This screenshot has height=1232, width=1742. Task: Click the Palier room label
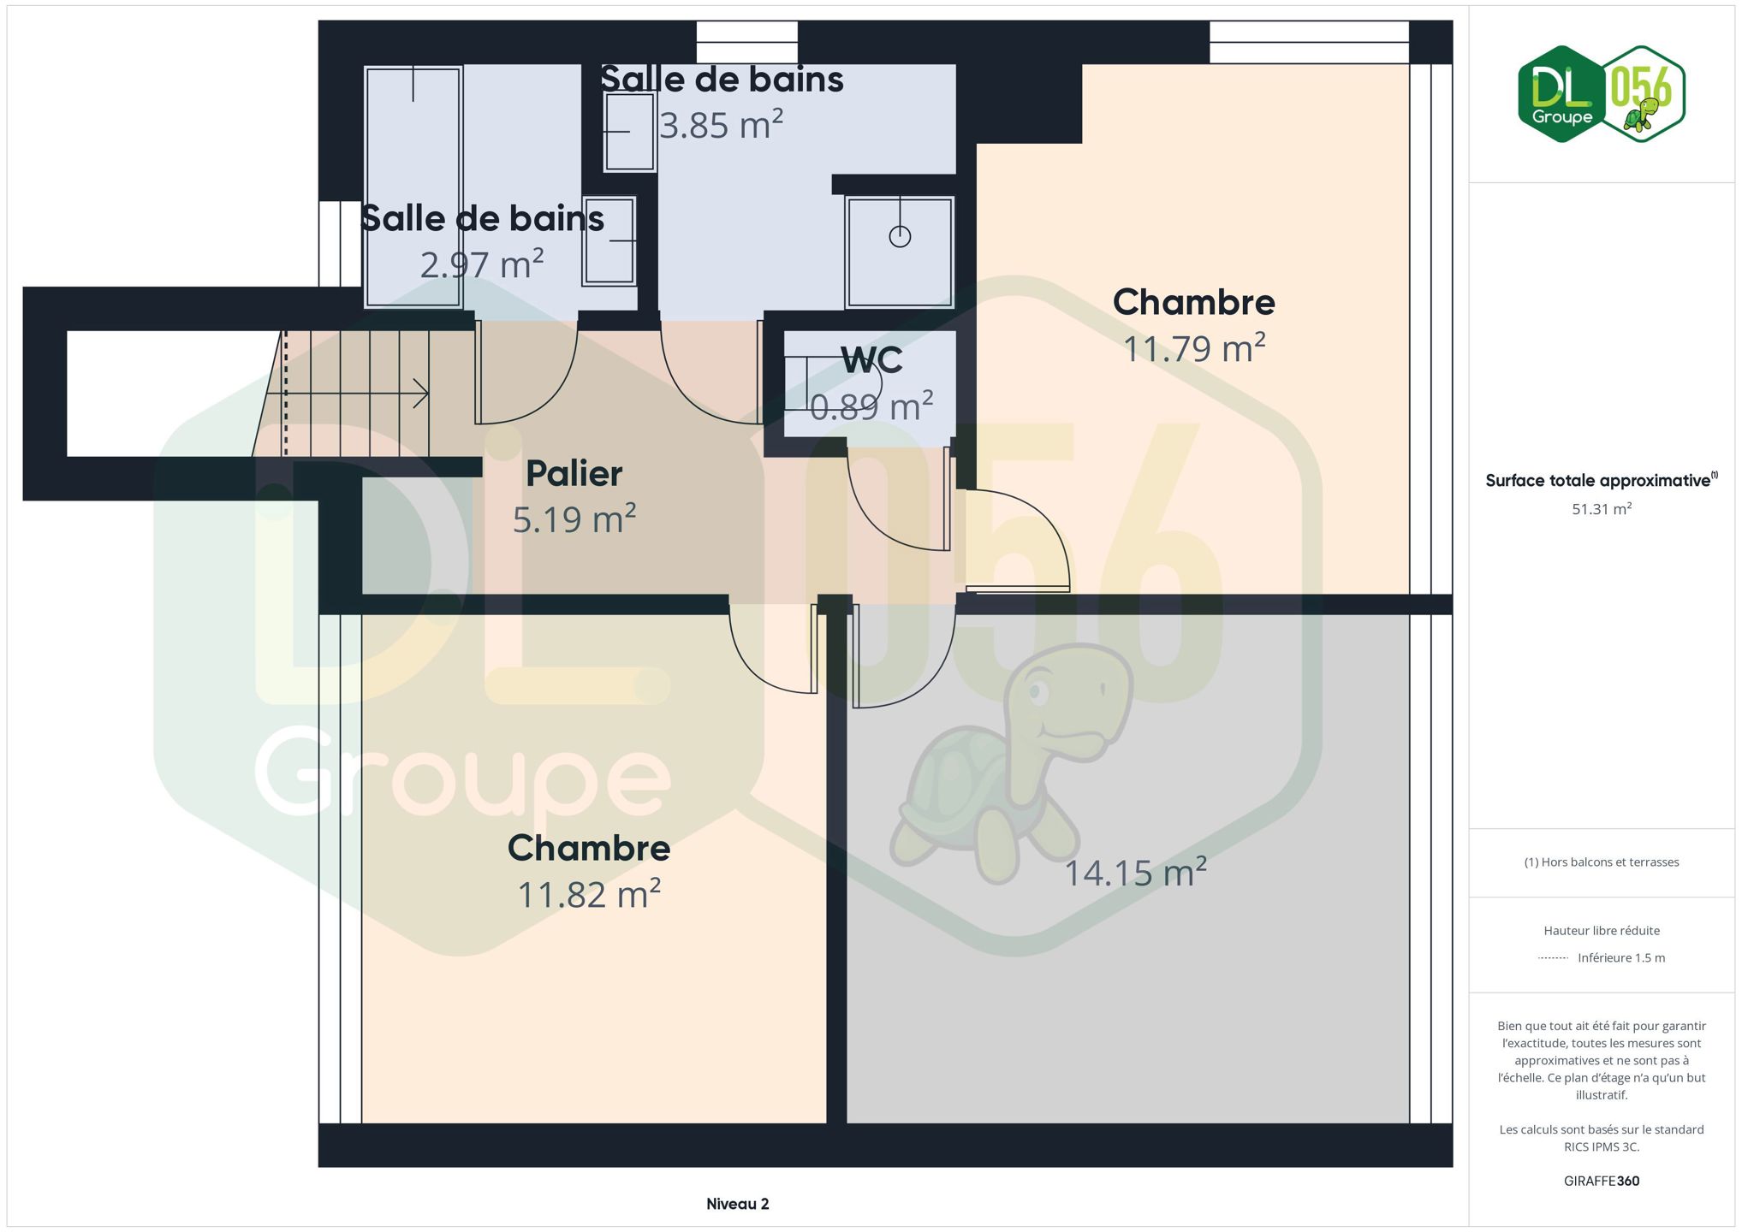(574, 473)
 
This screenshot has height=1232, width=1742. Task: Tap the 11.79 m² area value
(1194, 348)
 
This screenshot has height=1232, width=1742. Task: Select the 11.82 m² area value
(589, 894)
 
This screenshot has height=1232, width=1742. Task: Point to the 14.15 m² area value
(1135, 872)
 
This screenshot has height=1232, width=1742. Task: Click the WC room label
(871, 360)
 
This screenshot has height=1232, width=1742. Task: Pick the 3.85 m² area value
(721, 125)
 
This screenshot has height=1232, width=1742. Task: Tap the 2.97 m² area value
(482, 264)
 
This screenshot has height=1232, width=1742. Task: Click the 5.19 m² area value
(574, 519)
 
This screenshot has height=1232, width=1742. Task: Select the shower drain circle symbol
(900, 236)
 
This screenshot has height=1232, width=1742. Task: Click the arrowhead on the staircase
(421, 394)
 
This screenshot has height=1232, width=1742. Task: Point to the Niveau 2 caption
(738, 1204)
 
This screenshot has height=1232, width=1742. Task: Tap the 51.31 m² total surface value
(1602, 509)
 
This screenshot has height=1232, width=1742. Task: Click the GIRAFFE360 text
(1602, 1181)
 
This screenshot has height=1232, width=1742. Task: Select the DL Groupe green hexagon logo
(1561, 94)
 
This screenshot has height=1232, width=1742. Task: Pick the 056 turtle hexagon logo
(1643, 94)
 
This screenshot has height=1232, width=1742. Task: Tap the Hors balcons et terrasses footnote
(1602, 862)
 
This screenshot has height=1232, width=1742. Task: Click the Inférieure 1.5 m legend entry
(1602, 958)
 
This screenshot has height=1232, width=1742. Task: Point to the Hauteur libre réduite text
(1602, 931)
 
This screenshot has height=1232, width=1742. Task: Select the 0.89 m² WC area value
(871, 406)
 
